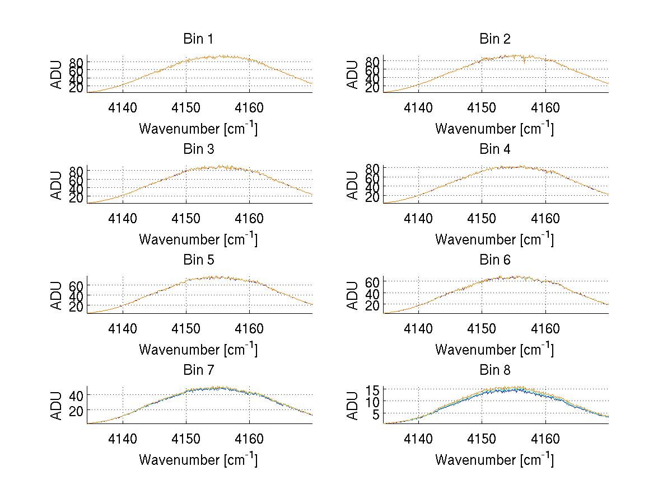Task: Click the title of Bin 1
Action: pos(198,39)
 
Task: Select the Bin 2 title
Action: pos(494,39)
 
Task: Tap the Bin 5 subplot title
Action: pos(198,260)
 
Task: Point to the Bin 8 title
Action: pos(494,370)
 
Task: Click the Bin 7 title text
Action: pos(198,370)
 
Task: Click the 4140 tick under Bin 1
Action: pos(123,108)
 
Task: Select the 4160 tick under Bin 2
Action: pos(545,108)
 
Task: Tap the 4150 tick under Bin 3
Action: pos(186,218)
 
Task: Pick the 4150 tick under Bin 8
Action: pos(482,439)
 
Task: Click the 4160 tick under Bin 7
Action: pos(250,439)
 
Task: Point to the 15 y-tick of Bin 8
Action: pos(373,389)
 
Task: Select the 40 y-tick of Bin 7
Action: pos(77,395)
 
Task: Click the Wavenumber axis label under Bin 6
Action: pos(494,350)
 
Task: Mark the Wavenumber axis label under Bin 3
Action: pos(198,239)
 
